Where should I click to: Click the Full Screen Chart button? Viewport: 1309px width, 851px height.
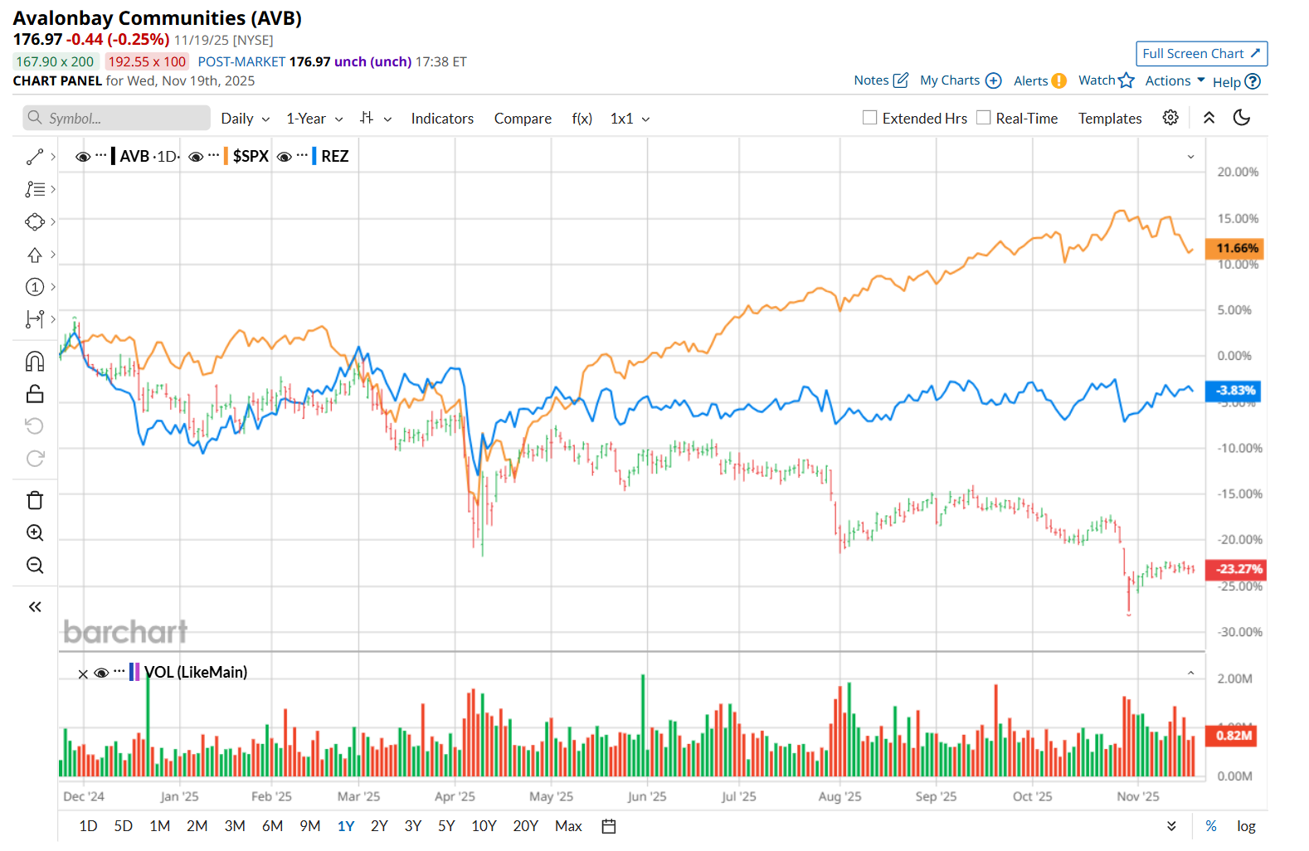pos(1200,54)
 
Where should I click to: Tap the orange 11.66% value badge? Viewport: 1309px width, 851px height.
pos(1236,248)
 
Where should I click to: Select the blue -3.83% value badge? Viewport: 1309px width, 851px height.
pos(1234,391)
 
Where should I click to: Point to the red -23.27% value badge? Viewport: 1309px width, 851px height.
pos(1238,569)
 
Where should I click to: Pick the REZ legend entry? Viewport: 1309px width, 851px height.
pos(334,157)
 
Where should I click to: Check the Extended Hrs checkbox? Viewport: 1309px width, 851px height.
pos(869,118)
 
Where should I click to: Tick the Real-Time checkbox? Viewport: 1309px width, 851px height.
pos(983,118)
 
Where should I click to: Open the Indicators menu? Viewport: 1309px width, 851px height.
pos(442,119)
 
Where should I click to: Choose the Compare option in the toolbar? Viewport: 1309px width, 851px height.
pos(523,119)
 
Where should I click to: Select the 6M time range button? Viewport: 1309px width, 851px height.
pos(272,826)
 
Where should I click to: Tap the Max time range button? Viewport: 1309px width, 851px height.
pos(568,826)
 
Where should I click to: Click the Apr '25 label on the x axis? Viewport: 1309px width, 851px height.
pos(455,796)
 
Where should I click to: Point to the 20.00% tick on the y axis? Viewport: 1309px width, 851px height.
pos(1238,173)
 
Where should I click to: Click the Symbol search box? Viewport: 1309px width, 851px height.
pos(116,118)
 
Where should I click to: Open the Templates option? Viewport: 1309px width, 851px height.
pos(1110,119)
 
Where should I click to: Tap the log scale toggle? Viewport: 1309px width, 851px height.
pos(1246,826)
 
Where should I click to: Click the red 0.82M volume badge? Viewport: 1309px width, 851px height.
pos(1234,736)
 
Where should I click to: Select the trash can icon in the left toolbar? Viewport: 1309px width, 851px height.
pos(35,500)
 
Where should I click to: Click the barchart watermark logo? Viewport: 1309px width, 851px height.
pos(125,632)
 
